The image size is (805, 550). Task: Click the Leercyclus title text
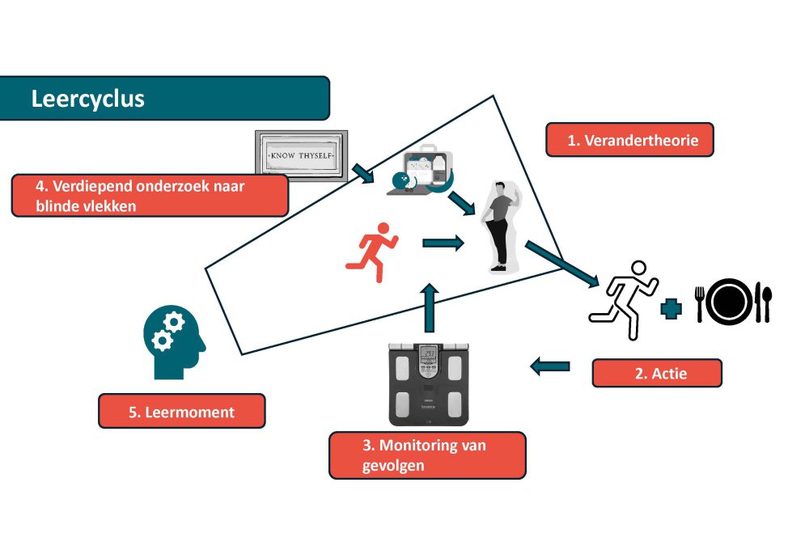pyautogui.click(x=87, y=99)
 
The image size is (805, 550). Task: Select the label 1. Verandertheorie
pyautogui.click(x=630, y=140)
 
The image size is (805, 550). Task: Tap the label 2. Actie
pyautogui.click(x=656, y=373)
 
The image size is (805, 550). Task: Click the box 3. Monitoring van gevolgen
pyautogui.click(x=427, y=455)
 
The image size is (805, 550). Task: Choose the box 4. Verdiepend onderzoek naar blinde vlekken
pyautogui.click(x=150, y=195)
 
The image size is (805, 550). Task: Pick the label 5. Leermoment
pyautogui.click(x=181, y=411)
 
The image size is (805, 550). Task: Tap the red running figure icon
pyautogui.click(x=372, y=246)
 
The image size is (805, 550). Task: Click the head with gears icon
pyautogui.click(x=172, y=341)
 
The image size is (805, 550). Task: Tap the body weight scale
pyautogui.click(x=429, y=383)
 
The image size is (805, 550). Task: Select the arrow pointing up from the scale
pyautogui.click(x=430, y=307)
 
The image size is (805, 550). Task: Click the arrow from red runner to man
pyautogui.click(x=443, y=242)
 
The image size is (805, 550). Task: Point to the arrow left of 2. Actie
pyautogui.click(x=549, y=366)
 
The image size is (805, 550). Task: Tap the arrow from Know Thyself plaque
pyautogui.click(x=360, y=172)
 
